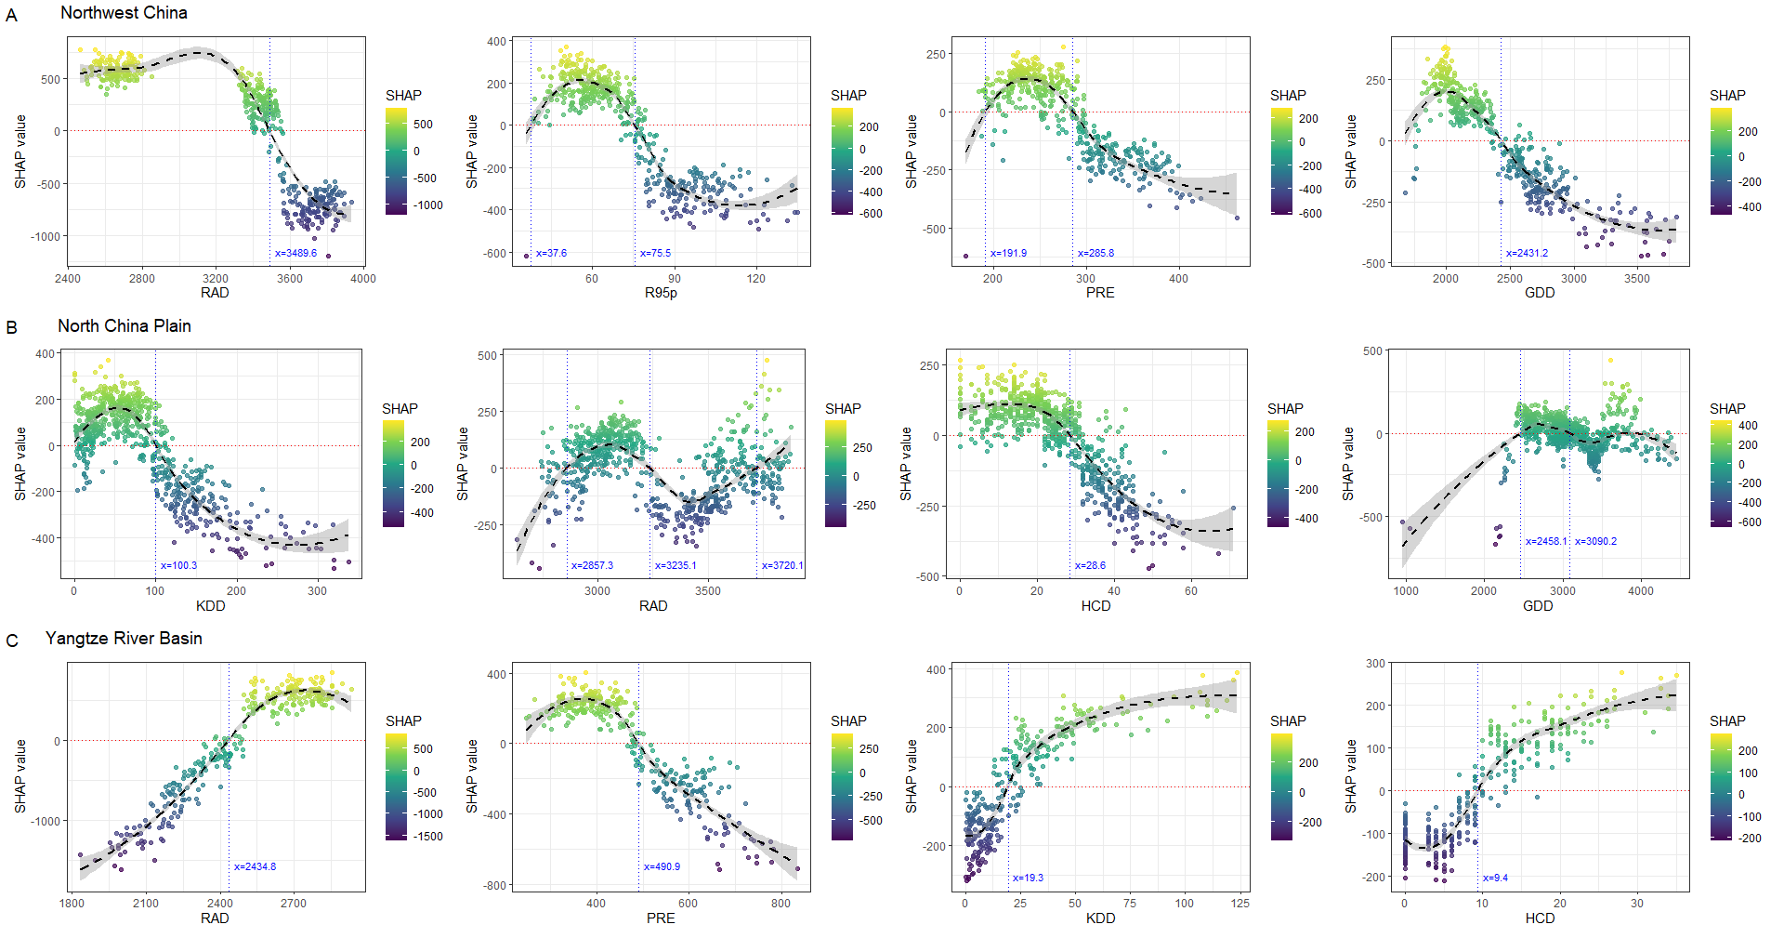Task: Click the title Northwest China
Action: point(124,13)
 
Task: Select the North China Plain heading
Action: point(124,326)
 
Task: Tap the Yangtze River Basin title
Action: point(124,639)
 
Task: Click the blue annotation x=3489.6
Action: point(295,253)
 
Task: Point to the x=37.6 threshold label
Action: point(551,253)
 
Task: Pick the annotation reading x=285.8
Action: point(1095,253)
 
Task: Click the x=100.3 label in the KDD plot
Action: point(178,565)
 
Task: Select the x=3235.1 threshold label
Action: point(676,565)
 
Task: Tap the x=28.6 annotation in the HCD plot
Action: point(1090,565)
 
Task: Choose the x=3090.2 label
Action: point(1595,541)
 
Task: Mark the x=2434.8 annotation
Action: point(255,866)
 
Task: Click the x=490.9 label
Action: point(662,866)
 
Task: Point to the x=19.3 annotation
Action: point(1028,878)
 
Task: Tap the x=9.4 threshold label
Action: point(1495,878)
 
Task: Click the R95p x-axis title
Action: point(661,293)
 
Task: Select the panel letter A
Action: point(11,16)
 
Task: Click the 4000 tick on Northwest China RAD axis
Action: point(363,278)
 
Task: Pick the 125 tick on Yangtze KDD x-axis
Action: point(1240,903)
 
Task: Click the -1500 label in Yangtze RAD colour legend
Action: point(427,837)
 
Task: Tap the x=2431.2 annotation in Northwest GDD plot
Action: point(1527,253)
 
